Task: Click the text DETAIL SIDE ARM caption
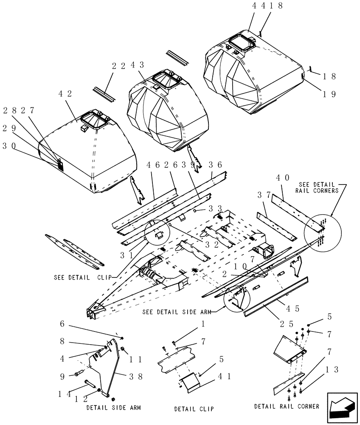[x=113, y=407]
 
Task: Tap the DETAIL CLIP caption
[x=194, y=409]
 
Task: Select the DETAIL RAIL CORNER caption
[x=287, y=406]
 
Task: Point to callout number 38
[x=135, y=375]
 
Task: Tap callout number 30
[x=9, y=145]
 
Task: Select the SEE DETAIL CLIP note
[x=82, y=278]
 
